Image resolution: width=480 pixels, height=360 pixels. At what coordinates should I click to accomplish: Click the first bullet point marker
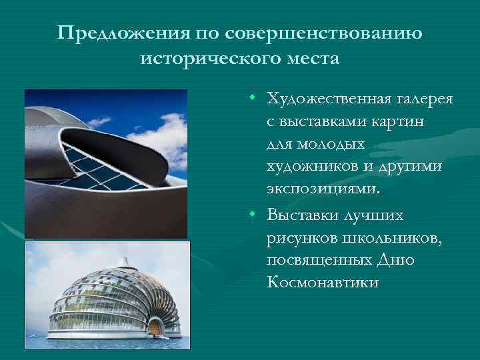[254, 99]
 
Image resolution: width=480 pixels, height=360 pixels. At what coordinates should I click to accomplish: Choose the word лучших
[381, 215]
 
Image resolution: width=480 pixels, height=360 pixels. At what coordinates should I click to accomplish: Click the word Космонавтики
[323, 282]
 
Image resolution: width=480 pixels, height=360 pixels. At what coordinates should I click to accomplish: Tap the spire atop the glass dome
[124, 261]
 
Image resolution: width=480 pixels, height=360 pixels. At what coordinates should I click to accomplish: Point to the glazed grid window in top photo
[100, 163]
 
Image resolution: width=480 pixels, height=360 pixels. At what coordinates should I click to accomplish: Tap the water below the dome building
[107, 347]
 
